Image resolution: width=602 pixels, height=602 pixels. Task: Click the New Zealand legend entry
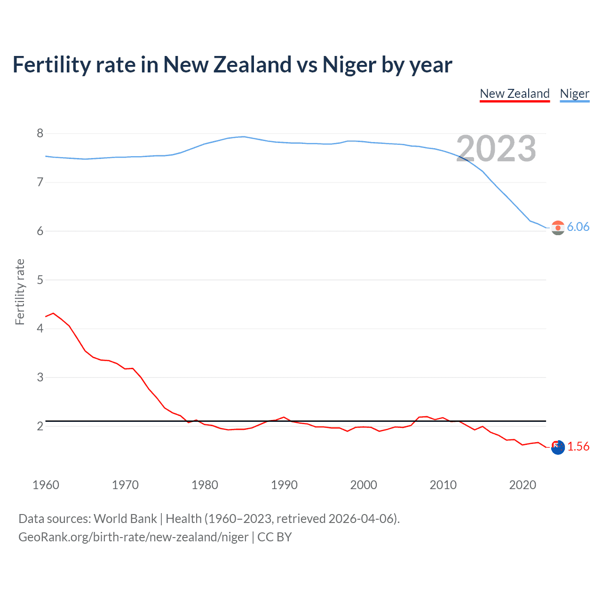click(x=515, y=94)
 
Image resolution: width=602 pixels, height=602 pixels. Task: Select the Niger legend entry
click(x=574, y=94)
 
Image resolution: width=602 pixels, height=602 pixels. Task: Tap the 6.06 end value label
click(x=578, y=227)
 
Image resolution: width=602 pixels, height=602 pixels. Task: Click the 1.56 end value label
click(x=578, y=446)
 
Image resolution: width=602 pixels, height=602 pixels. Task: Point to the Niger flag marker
click(x=558, y=228)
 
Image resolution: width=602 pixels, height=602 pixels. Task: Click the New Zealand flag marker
click(x=558, y=448)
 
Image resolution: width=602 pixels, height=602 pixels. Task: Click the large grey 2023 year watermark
click(x=496, y=149)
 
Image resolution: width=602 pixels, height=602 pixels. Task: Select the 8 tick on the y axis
click(x=40, y=134)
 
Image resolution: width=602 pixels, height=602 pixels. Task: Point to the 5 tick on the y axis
click(x=40, y=280)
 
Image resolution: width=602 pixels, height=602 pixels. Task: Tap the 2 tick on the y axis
click(x=40, y=426)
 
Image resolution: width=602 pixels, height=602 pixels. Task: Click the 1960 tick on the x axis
click(x=46, y=485)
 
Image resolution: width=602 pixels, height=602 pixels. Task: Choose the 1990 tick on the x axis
click(x=284, y=485)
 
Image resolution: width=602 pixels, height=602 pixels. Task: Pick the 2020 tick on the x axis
click(x=523, y=485)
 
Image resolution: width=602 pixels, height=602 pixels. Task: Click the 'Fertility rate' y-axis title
click(x=20, y=292)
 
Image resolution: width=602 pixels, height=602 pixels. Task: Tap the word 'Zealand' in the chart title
click(x=253, y=65)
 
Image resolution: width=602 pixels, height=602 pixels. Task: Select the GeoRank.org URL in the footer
click(x=133, y=537)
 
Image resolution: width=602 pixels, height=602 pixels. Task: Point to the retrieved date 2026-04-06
click(x=361, y=519)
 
